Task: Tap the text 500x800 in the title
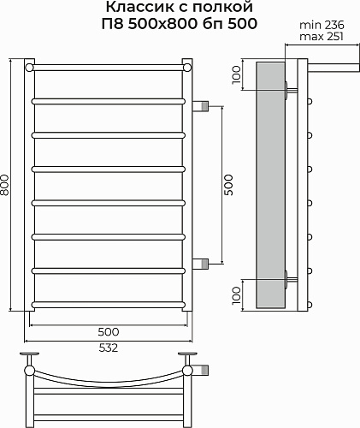pos(162,24)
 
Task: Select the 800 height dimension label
pos(5,185)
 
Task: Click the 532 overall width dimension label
pos(109,348)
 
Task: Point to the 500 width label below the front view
pos(109,332)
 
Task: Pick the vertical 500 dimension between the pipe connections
pos(228,185)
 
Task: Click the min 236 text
pos(322,25)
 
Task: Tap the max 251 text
pos(322,37)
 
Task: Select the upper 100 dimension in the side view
pos(236,74)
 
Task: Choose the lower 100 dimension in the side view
pos(236,295)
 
